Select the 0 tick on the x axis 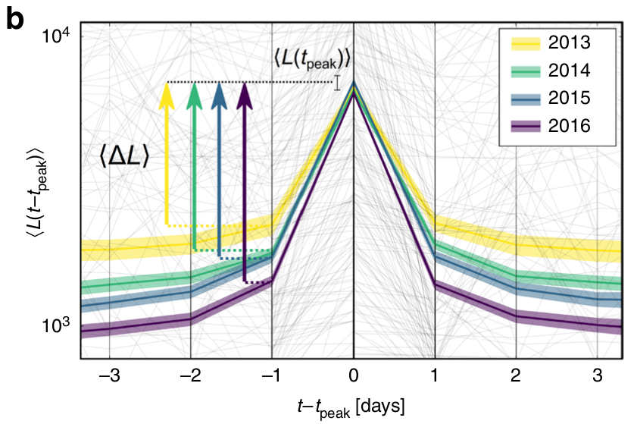(x=353, y=375)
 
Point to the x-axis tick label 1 (x=435, y=375)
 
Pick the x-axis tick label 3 (x=598, y=375)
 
